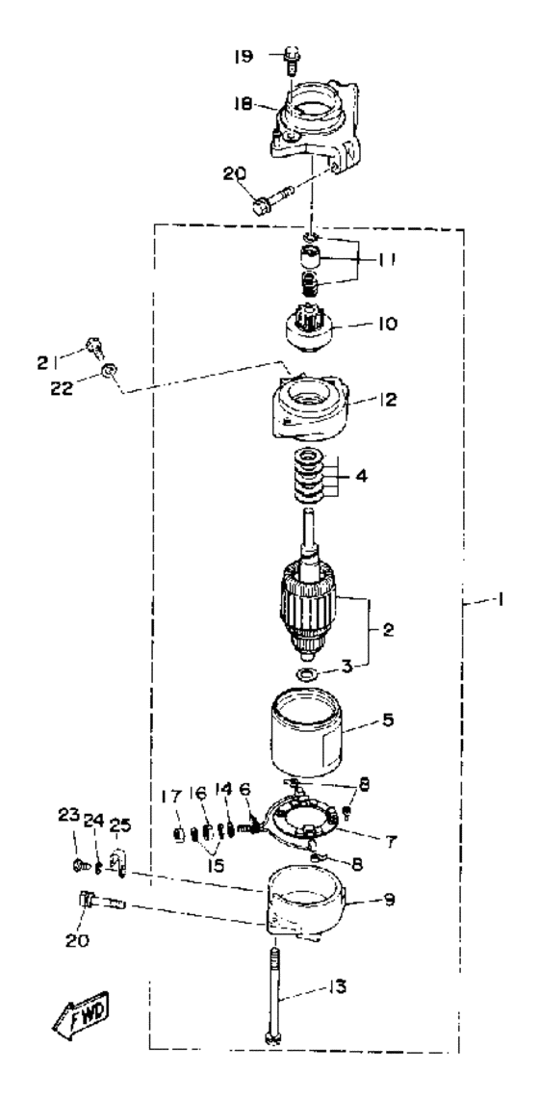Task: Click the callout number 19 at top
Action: pos(244,56)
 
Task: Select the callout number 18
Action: pos(244,102)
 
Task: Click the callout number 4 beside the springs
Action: pos(360,477)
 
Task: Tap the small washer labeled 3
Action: pos(306,675)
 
